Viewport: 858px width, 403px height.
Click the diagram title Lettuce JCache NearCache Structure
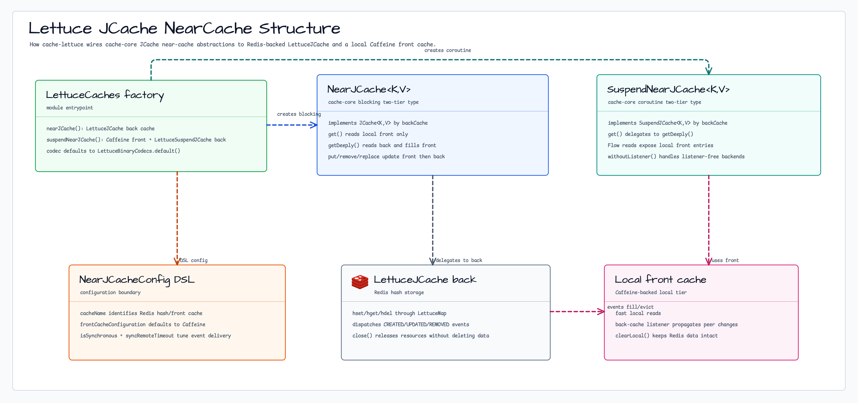tap(184, 28)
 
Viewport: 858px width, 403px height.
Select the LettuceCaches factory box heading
tap(105, 95)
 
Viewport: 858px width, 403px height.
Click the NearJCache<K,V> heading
tap(369, 89)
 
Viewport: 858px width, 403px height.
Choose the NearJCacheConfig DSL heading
tap(137, 280)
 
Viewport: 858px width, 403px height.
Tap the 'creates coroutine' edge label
tap(448, 50)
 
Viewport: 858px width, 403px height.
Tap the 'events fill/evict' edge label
tap(630, 307)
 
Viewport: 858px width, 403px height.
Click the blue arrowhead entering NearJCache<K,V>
tap(313, 125)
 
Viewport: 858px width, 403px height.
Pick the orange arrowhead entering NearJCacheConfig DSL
tap(177, 261)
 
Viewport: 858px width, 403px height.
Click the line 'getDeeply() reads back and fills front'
tap(382, 145)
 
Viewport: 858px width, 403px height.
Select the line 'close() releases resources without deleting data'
tap(421, 335)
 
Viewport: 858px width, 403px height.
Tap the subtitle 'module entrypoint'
tap(70, 108)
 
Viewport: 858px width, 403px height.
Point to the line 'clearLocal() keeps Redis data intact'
tap(666, 335)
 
